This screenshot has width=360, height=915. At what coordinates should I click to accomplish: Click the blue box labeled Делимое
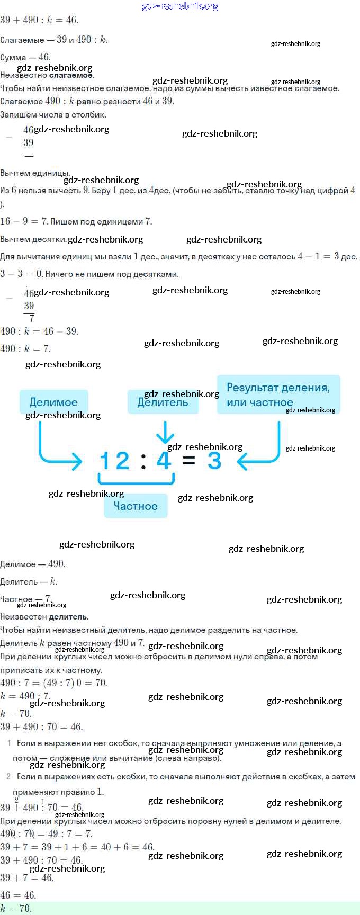pyautogui.click(x=53, y=402)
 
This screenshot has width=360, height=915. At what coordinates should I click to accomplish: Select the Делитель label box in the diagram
pyautogui.click(x=163, y=402)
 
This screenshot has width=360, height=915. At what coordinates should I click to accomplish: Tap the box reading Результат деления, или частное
pyautogui.click(x=278, y=394)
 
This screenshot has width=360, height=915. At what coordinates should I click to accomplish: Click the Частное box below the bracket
pyautogui.click(x=136, y=506)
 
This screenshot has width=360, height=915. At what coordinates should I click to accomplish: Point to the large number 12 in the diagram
pyautogui.click(x=114, y=460)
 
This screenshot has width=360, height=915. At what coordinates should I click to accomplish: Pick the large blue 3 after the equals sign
pyautogui.click(x=214, y=460)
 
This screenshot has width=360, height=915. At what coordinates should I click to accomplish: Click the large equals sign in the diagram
pyautogui.click(x=188, y=460)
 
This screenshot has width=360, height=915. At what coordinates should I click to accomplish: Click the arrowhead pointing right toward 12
pyautogui.click(x=77, y=461)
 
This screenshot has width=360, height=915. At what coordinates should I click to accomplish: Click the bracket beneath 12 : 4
pyautogui.click(x=136, y=480)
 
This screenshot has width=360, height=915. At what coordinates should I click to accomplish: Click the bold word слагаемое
pyautogui.click(x=71, y=75)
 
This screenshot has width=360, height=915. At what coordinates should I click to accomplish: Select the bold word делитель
pyautogui.click(x=68, y=616)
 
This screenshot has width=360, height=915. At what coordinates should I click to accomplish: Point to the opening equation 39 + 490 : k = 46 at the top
pyautogui.click(x=39, y=20)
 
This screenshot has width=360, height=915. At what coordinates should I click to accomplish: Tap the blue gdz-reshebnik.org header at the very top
pyautogui.click(x=180, y=6)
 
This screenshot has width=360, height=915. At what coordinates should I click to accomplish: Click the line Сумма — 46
pyautogui.click(x=25, y=57)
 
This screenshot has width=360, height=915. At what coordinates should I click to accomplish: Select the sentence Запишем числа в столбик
pyautogui.click(x=53, y=114)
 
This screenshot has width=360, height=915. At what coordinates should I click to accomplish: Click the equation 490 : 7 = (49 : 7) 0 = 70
pyautogui.click(x=53, y=683)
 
